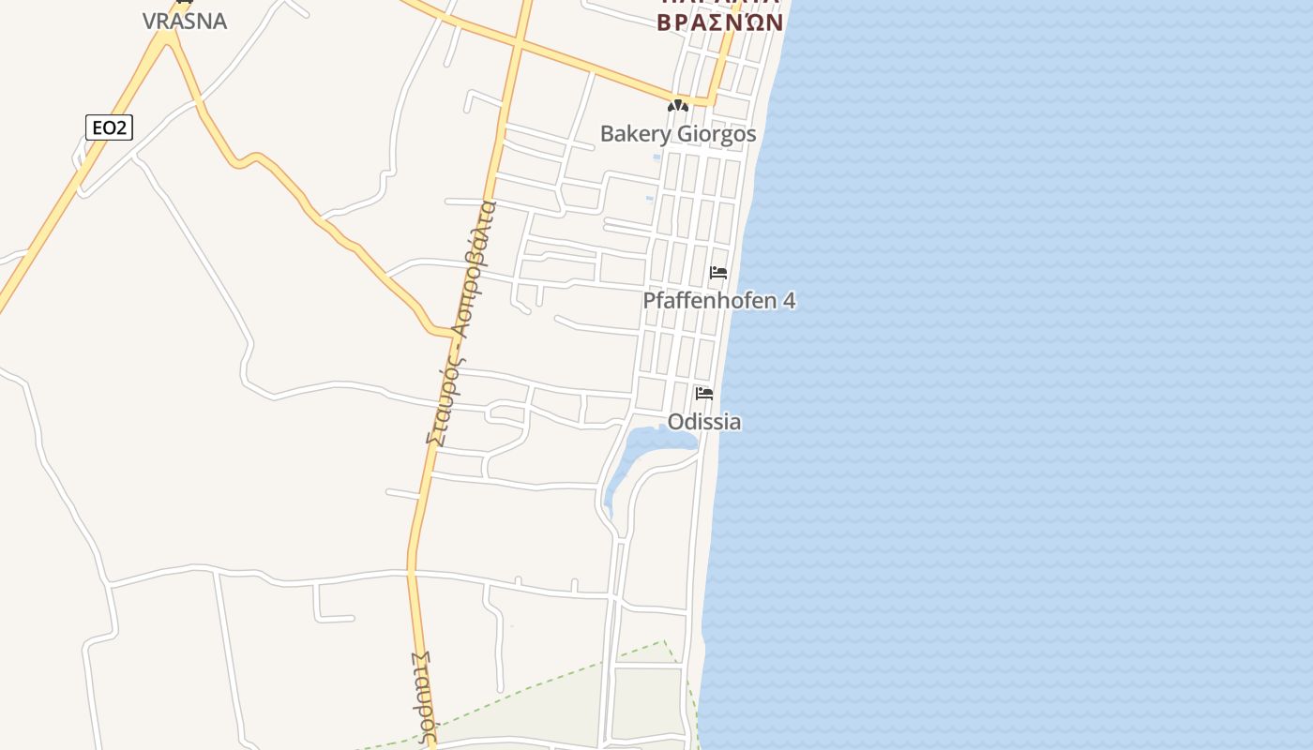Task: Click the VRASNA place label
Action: click(185, 21)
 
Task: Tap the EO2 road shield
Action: click(109, 127)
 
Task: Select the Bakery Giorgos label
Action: click(677, 134)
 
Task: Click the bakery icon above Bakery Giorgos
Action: click(677, 106)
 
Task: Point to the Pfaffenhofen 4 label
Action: click(718, 301)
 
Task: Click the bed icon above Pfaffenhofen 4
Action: click(718, 274)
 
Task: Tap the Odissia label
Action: click(704, 422)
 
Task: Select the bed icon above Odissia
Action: click(704, 394)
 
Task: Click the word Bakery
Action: click(635, 134)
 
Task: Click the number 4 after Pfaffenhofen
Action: click(789, 301)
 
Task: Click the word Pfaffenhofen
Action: click(710, 301)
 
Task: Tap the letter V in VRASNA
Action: click(149, 21)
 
